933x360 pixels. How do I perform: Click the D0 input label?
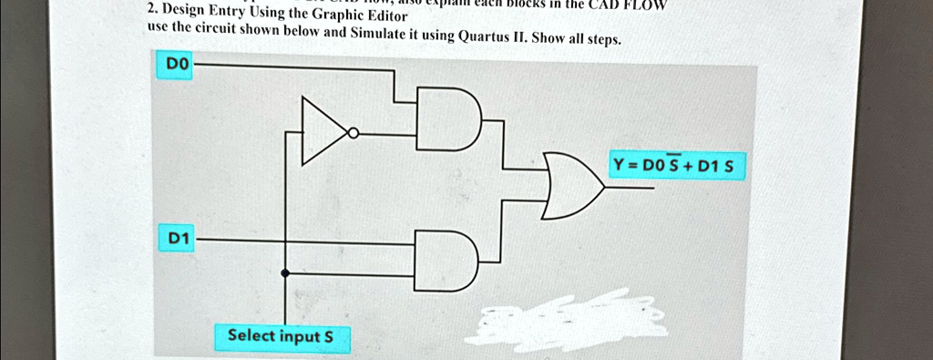click(x=175, y=66)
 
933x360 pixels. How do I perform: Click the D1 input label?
click(x=178, y=239)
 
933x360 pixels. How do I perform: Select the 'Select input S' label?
click(x=281, y=336)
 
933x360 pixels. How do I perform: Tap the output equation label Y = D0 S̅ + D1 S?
click(x=679, y=167)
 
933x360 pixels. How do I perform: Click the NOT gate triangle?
click(x=322, y=133)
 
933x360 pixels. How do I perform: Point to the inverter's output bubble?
click(x=354, y=134)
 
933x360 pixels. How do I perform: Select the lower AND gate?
click(x=446, y=262)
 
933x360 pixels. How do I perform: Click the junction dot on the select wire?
click(x=286, y=273)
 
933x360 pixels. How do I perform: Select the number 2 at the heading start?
click(x=150, y=11)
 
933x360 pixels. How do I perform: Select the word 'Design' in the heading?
click(x=182, y=12)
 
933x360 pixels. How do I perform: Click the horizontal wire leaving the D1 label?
click(x=301, y=241)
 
